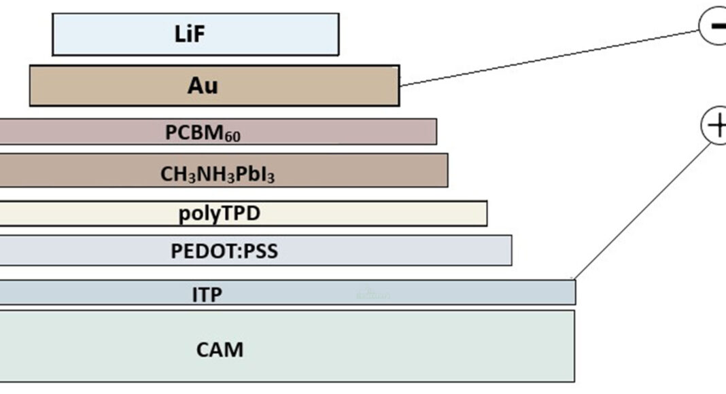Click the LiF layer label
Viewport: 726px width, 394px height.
click(x=190, y=35)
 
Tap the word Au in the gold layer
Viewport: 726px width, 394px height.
click(x=203, y=86)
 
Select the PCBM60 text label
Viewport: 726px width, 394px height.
click(x=203, y=132)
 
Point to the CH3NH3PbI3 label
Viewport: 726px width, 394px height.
click(x=218, y=174)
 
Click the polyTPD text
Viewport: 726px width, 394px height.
click(x=220, y=214)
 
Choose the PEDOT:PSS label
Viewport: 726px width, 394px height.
click(x=224, y=251)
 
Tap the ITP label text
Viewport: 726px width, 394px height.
click(x=207, y=294)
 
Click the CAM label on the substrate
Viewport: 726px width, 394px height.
click(x=220, y=350)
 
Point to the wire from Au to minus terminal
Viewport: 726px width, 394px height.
click(x=551, y=58)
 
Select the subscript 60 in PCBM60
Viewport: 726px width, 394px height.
click(x=232, y=137)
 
